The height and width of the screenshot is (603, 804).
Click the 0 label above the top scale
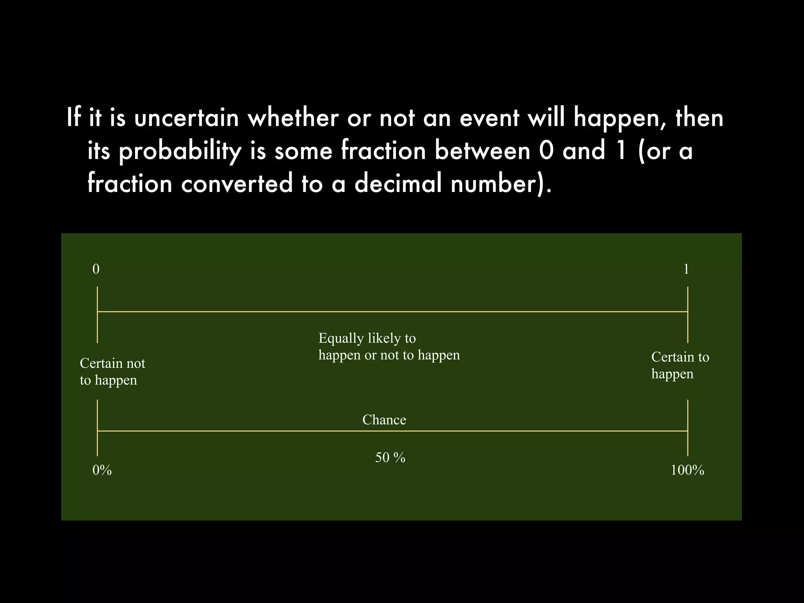click(x=96, y=269)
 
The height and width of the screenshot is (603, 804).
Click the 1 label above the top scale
click(x=686, y=269)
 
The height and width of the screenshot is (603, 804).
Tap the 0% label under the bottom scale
click(x=102, y=470)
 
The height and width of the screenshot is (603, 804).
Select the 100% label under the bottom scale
click(x=687, y=470)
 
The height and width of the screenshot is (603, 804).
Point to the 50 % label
click(x=390, y=458)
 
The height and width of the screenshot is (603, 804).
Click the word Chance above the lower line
click(x=384, y=420)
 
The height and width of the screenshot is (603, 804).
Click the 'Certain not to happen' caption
click(x=112, y=371)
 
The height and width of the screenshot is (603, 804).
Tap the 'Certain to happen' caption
click(x=680, y=365)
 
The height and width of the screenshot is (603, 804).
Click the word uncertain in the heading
click(x=186, y=118)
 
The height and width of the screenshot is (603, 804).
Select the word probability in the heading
click(x=180, y=152)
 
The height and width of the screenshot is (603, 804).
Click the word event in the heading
click(x=489, y=118)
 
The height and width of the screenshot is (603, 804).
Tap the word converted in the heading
click(x=237, y=184)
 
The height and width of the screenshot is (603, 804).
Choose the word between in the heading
click(x=482, y=151)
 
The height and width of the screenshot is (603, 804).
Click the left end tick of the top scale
click(x=97, y=314)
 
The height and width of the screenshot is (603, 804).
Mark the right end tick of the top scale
click(x=688, y=314)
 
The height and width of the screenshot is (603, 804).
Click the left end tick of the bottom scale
click(x=97, y=428)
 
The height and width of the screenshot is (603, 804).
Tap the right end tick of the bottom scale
click(x=688, y=428)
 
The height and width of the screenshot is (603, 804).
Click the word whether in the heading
click(x=293, y=118)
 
